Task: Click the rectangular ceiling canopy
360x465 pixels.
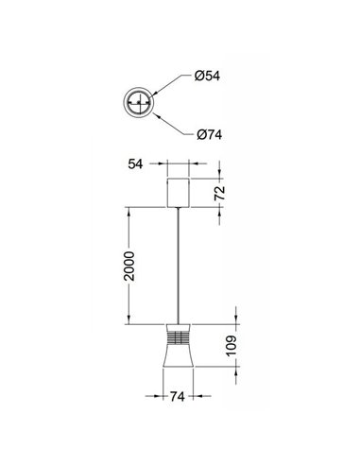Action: [179, 193]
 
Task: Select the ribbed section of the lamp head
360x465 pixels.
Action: [179, 336]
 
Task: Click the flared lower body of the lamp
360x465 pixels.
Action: [179, 364]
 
